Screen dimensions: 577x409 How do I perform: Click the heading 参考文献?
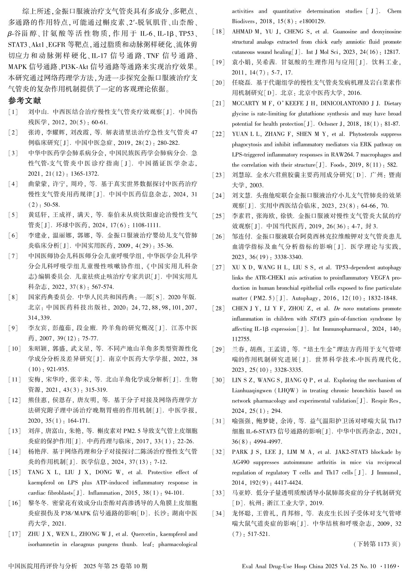click(x=25, y=101)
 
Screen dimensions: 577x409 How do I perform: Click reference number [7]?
click(x=13, y=256)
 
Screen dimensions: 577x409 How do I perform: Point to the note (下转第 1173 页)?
click(x=377, y=544)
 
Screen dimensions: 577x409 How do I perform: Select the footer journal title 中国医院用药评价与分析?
click(x=43, y=566)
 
